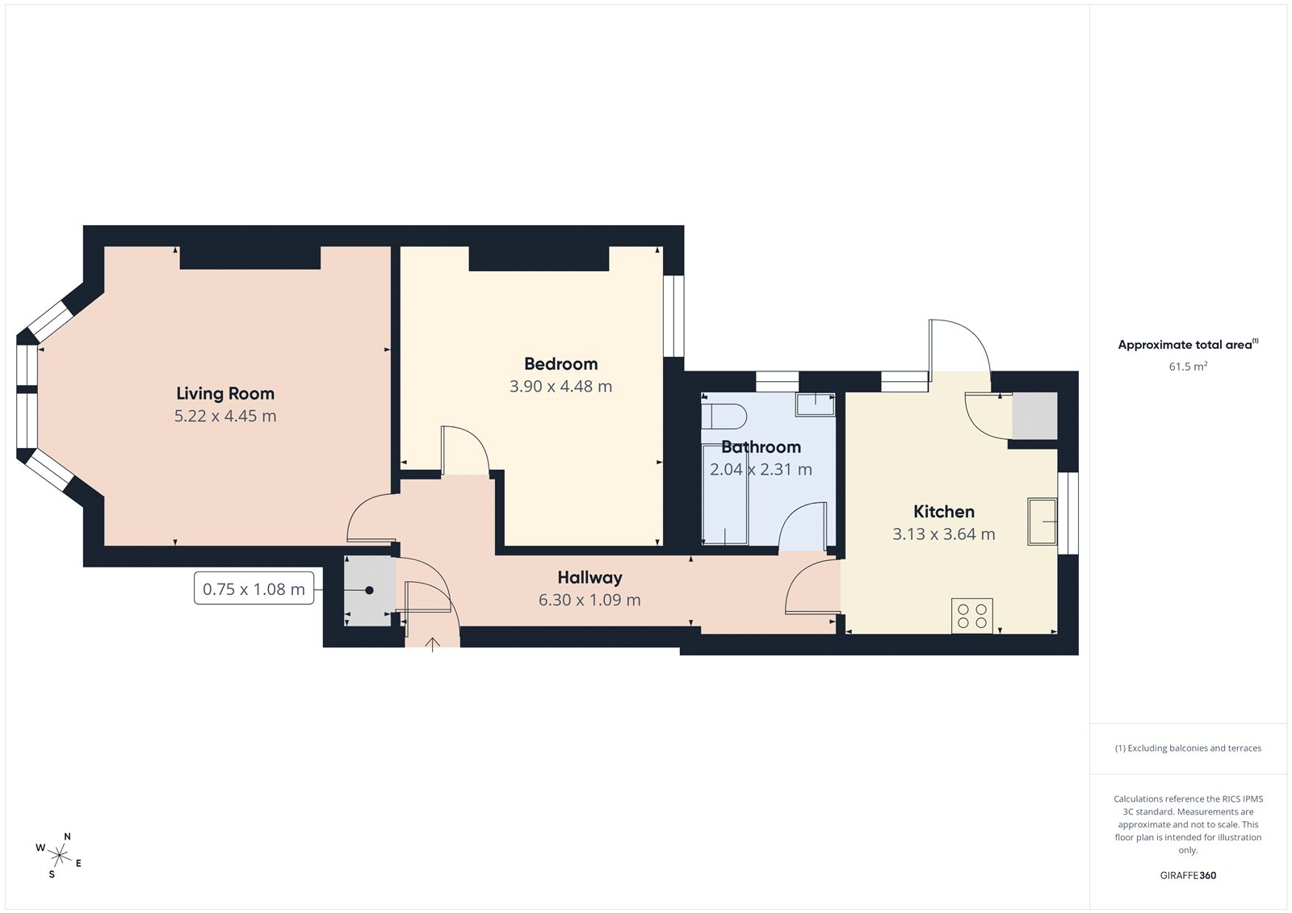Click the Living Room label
click(x=225, y=394)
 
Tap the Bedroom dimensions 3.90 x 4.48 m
click(x=560, y=387)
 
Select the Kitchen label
click(x=943, y=512)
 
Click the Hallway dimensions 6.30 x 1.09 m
click(x=589, y=601)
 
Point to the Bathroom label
click(x=761, y=447)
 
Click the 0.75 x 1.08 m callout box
click(x=254, y=589)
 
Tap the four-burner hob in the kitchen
click(x=971, y=615)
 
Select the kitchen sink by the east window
click(x=1042, y=521)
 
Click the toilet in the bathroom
click(x=724, y=417)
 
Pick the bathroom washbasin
click(x=815, y=404)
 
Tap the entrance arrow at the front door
click(x=433, y=643)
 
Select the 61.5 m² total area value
click(x=1187, y=366)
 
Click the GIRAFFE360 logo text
click(x=1187, y=875)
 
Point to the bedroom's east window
click(x=673, y=316)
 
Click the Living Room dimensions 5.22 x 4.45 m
click(x=225, y=417)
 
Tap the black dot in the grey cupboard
click(x=369, y=590)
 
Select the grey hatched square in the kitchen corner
click(x=1035, y=416)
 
